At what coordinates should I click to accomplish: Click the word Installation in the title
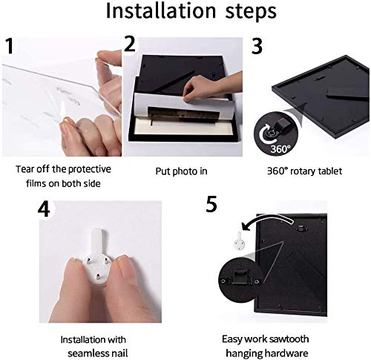point(161,11)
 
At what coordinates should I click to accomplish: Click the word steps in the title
point(251,12)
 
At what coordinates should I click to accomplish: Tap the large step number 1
point(9,46)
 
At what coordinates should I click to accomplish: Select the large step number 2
point(130,44)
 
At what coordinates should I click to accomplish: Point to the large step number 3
point(257,46)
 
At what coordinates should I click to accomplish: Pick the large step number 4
point(44,209)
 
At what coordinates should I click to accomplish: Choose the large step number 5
point(211,204)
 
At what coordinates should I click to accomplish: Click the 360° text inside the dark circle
point(280,149)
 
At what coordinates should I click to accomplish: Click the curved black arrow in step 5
point(267,217)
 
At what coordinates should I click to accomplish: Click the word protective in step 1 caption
point(90,169)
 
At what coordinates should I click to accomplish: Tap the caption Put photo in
point(181,171)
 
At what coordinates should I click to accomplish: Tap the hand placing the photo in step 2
point(210,87)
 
